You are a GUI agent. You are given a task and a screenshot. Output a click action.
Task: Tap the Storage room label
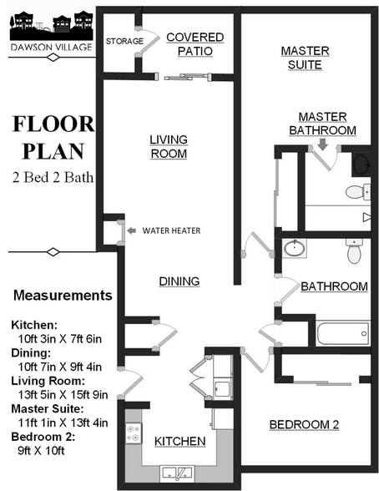point(120,40)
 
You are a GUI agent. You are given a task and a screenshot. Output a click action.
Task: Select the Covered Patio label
point(195,44)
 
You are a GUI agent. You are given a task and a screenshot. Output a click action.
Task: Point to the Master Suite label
point(305,58)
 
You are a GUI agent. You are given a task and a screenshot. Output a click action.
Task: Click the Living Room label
point(169,146)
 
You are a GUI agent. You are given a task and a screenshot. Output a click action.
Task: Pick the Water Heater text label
point(171,230)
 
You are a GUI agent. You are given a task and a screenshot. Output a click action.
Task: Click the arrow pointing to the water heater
point(132,230)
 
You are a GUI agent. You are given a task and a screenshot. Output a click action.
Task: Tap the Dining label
point(179,281)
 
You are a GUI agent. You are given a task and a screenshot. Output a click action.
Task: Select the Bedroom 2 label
point(304,425)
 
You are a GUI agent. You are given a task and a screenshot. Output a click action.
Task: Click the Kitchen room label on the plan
point(179,441)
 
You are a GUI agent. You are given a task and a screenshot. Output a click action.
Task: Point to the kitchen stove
point(134,433)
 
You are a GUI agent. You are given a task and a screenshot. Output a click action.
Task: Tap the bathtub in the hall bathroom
point(342,334)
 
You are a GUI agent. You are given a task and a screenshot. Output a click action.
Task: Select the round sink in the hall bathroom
point(293,248)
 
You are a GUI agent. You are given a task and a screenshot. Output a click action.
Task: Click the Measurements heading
point(63,295)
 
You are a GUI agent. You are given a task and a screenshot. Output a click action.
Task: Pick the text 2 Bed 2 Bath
point(52,176)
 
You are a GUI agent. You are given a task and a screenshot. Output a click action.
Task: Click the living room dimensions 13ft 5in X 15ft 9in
point(58,395)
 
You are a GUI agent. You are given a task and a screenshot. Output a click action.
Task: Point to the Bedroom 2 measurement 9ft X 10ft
point(38,450)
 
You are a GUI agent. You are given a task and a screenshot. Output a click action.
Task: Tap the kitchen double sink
point(179,473)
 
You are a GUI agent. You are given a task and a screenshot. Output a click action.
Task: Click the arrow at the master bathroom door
point(323,144)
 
